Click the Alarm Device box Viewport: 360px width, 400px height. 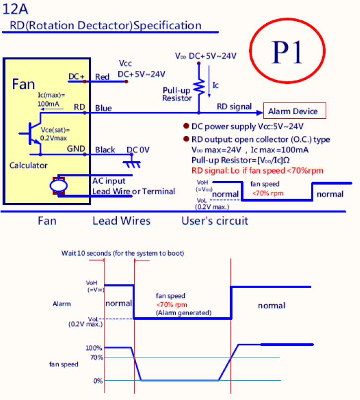294,111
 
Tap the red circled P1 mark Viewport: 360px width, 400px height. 287,51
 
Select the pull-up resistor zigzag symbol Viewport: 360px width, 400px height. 199,87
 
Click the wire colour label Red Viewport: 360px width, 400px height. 102,77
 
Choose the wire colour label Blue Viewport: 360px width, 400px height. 103,108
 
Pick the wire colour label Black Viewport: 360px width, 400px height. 105,150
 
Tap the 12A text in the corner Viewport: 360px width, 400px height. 15,9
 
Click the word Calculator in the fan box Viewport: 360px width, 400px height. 28,165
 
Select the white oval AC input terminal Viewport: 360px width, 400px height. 59,186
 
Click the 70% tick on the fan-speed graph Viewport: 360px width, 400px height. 97,357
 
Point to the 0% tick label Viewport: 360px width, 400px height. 98,381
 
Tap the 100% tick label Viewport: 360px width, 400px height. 94,348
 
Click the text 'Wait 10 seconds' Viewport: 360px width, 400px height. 86,253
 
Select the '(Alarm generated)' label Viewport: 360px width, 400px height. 184,313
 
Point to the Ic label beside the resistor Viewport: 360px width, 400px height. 216,85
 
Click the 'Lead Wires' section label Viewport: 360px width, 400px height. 122,221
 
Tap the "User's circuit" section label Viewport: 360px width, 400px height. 215,221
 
